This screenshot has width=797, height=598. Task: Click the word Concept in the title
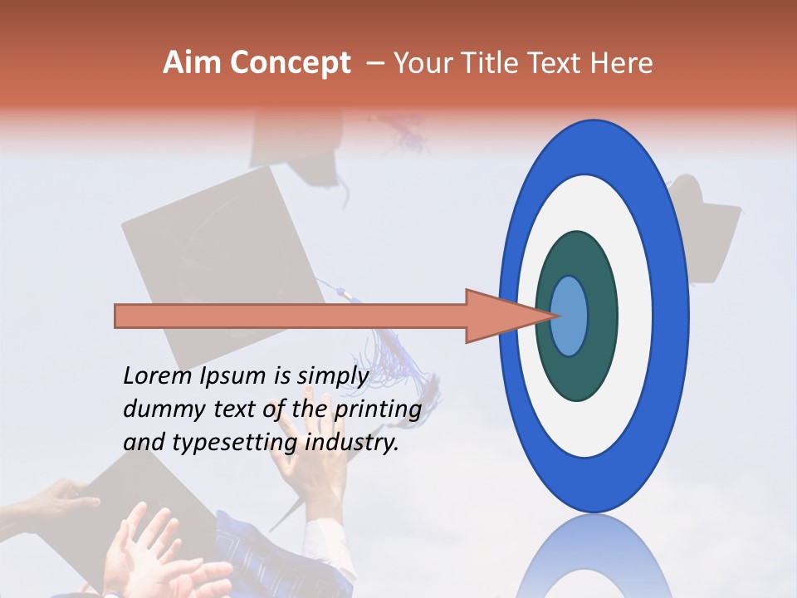point(291,63)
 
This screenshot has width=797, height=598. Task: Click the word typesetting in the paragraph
point(247,444)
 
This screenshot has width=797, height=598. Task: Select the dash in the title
point(374,63)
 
